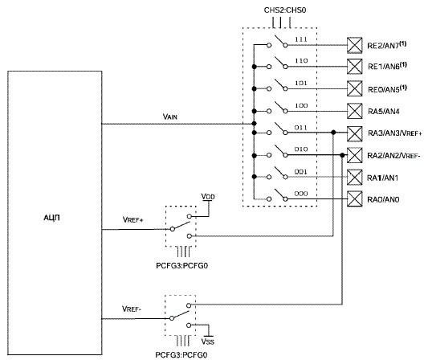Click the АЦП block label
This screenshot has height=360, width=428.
(51, 218)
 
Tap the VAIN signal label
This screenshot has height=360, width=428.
(169, 117)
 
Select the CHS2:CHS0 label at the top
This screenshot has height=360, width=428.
(285, 10)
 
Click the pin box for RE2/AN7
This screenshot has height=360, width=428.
(355, 45)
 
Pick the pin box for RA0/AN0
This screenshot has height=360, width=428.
(355, 198)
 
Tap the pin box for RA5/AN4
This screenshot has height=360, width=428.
(355, 111)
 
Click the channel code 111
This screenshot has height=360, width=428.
(301, 39)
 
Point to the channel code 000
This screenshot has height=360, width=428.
(301, 194)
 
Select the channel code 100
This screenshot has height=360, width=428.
(301, 105)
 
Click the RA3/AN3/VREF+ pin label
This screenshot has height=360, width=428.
(395, 133)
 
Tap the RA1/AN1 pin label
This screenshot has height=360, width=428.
(382, 178)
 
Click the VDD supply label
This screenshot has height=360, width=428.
(208, 196)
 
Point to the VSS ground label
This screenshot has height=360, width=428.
(208, 342)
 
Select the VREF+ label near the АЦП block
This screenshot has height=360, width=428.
(133, 219)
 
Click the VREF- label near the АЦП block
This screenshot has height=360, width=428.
(132, 309)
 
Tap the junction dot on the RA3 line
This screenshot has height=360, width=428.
(333, 133)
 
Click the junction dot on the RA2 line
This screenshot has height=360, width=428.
(342, 155)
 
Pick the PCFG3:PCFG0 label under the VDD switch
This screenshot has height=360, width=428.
(181, 266)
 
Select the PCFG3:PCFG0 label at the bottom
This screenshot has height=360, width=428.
(181, 355)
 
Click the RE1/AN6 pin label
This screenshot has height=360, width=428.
(387, 66)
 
